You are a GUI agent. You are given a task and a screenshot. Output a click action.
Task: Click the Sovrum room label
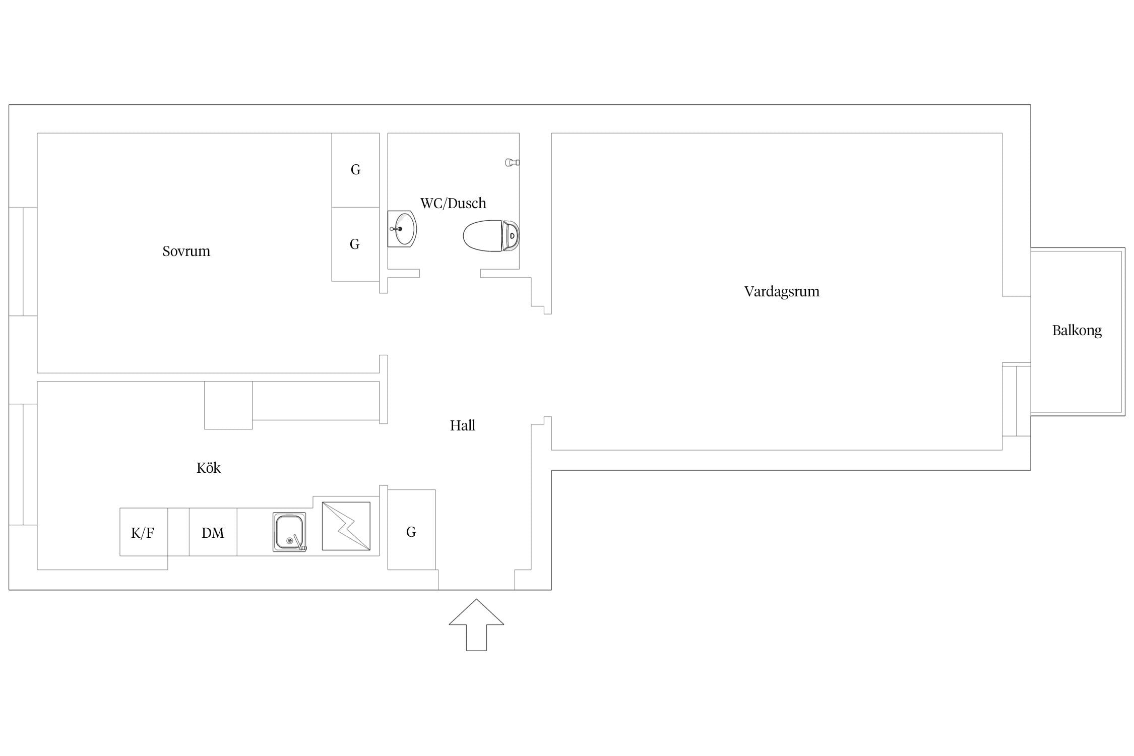186,251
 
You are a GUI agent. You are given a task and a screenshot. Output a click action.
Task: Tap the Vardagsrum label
782,292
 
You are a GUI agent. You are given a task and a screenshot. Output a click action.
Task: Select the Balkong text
1077,331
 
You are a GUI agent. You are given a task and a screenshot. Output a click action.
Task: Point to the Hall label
463,425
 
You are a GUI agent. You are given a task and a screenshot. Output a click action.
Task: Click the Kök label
209,468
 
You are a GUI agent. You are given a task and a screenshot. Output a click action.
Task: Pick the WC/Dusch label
453,203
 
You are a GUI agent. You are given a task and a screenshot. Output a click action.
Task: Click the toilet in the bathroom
491,235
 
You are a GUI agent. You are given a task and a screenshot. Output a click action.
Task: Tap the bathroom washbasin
402,229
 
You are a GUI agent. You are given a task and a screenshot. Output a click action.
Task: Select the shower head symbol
512,162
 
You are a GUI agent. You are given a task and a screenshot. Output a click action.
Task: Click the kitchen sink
290,532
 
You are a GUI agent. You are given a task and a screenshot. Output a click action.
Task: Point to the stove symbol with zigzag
346,526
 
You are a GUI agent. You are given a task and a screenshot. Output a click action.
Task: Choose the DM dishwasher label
213,533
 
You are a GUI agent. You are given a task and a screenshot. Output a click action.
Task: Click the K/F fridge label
143,533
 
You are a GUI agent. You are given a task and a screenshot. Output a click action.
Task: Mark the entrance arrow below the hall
476,625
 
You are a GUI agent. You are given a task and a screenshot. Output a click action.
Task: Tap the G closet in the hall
411,530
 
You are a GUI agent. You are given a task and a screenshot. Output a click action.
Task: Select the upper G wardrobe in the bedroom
355,170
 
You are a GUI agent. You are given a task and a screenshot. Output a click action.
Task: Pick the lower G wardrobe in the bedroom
355,244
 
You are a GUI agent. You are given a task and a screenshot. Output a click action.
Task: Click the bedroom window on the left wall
23,262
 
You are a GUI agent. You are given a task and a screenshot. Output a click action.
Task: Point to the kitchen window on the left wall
23,464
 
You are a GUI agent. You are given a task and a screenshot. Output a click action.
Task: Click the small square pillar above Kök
228,405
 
